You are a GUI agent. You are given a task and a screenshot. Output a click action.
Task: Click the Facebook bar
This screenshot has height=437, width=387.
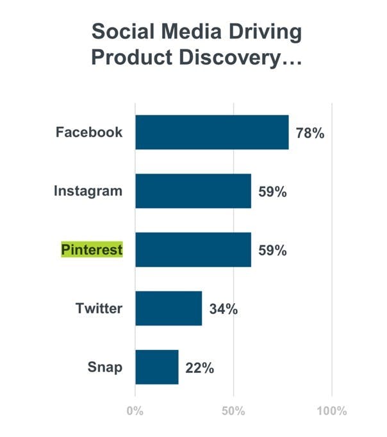[212, 132]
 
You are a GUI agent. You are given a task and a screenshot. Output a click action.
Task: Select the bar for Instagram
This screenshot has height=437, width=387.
[193, 191]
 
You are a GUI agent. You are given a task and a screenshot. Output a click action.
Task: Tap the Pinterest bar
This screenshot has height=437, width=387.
[193, 250]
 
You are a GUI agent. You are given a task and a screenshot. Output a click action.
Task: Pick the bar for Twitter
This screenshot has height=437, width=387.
[169, 308]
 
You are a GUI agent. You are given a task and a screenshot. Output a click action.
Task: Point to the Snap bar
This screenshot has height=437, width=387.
[157, 367]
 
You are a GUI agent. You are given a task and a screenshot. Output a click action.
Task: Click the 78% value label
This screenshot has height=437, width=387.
[310, 133]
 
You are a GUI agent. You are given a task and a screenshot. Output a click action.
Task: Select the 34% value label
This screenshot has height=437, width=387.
[224, 309]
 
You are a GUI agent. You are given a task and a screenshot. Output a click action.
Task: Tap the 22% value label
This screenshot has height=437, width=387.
[200, 368]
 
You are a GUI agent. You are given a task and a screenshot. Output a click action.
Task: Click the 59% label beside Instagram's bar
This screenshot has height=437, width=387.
[272, 192]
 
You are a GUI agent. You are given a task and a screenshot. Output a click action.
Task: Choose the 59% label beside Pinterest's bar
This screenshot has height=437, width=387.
[272, 251]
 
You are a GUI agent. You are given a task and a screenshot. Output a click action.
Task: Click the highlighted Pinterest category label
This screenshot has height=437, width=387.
[92, 249]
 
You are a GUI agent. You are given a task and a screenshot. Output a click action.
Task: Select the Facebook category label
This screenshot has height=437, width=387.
[89, 132]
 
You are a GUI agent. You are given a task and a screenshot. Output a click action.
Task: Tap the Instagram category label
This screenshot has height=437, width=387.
[88, 192]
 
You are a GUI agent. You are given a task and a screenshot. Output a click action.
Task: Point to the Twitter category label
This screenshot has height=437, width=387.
[99, 308]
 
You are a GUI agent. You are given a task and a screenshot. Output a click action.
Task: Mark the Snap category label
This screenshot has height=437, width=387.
[105, 367]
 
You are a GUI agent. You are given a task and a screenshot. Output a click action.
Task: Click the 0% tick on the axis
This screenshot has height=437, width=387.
[135, 411]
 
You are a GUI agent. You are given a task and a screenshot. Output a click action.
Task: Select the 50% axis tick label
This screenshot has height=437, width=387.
[233, 411]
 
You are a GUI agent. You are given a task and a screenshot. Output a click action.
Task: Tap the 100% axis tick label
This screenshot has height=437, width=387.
[332, 411]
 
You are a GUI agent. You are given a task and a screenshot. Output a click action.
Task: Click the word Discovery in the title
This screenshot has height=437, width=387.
[240, 58]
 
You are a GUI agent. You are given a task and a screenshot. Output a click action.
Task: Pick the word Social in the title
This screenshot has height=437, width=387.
[123, 31]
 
